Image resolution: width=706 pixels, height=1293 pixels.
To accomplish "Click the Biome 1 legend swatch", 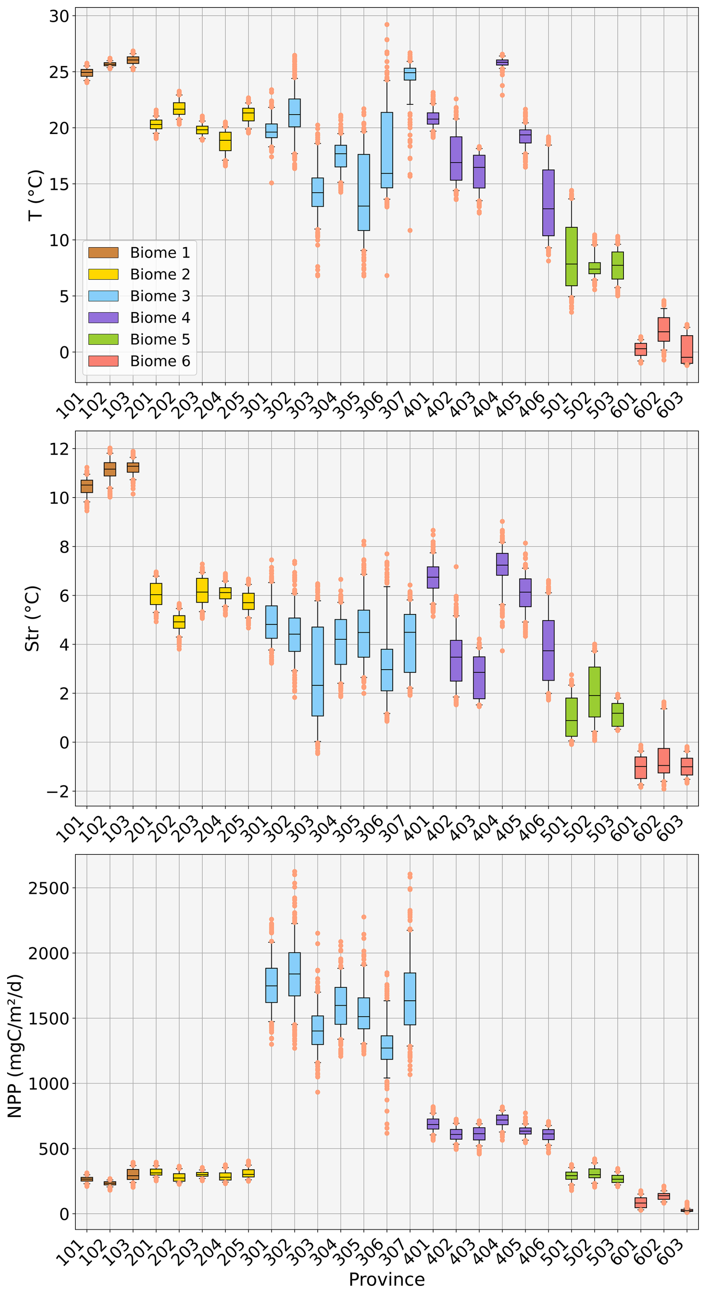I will [103, 252].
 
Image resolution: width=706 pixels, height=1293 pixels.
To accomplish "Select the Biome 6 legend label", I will [160, 361].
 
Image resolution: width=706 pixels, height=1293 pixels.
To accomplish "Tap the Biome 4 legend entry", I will [160, 318].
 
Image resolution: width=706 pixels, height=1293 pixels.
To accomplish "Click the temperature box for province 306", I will [387, 150].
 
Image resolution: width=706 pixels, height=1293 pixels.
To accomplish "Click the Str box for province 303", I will [318, 671].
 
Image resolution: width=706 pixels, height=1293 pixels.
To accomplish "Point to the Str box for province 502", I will [594, 692].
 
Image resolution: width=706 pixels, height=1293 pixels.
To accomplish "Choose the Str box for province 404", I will [502, 564].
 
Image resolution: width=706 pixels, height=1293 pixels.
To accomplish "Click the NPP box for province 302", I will [294, 974].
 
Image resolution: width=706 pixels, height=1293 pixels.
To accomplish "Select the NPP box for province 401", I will [433, 1124].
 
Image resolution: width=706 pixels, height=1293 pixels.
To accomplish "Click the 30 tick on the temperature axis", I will [59, 16].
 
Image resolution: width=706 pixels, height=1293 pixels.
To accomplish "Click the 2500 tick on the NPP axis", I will [48, 888].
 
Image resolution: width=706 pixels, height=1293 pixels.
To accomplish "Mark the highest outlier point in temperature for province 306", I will [387, 25].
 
